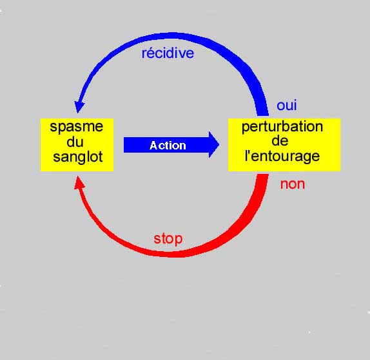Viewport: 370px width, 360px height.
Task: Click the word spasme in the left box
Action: coord(77,128)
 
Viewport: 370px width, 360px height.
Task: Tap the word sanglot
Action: coord(78,157)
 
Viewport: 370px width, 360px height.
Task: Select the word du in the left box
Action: coord(75,142)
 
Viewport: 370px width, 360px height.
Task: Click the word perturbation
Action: coord(282,128)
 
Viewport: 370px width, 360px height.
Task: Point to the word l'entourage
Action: coord(282,156)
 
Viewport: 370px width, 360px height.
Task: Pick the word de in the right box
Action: coord(280,141)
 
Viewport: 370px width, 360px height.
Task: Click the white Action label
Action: coord(168,146)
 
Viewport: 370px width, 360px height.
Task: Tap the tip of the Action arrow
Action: coord(219,144)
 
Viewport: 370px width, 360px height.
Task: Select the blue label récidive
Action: coord(168,53)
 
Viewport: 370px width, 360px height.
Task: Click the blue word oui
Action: coord(286,106)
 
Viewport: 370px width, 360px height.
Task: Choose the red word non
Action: coord(293,184)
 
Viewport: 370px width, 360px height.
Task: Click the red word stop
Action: coord(168,240)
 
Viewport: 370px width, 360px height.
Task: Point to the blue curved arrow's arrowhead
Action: coord(79,106)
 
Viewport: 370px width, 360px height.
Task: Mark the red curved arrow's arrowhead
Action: coord(79,182)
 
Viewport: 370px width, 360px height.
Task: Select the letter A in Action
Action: coord(153,146)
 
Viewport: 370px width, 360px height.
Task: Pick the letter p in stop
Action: coord(179,240)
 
